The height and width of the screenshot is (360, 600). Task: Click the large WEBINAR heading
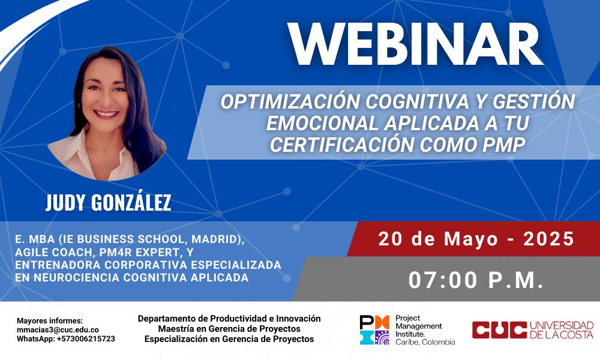[x=416, y=44]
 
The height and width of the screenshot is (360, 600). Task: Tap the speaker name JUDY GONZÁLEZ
[x=108, y=202]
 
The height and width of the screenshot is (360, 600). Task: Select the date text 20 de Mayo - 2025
[x=476, y=239]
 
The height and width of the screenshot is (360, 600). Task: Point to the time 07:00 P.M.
[x=476, y=280]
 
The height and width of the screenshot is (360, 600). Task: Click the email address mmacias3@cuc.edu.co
[x=58, y=330]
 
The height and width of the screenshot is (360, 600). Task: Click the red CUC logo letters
[x=499, y=330]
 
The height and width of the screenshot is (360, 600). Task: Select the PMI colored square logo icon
[x=374, y=330]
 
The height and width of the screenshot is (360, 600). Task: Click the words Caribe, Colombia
[x=425, y=342]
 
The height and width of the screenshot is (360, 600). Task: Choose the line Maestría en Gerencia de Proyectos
[x=229, y=329]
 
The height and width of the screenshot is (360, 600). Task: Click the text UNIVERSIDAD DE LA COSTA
[x=562, y=330]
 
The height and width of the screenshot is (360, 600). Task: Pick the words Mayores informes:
[x=50, y=321]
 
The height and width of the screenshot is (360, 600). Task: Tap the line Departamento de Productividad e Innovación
[x=229, y=318]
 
